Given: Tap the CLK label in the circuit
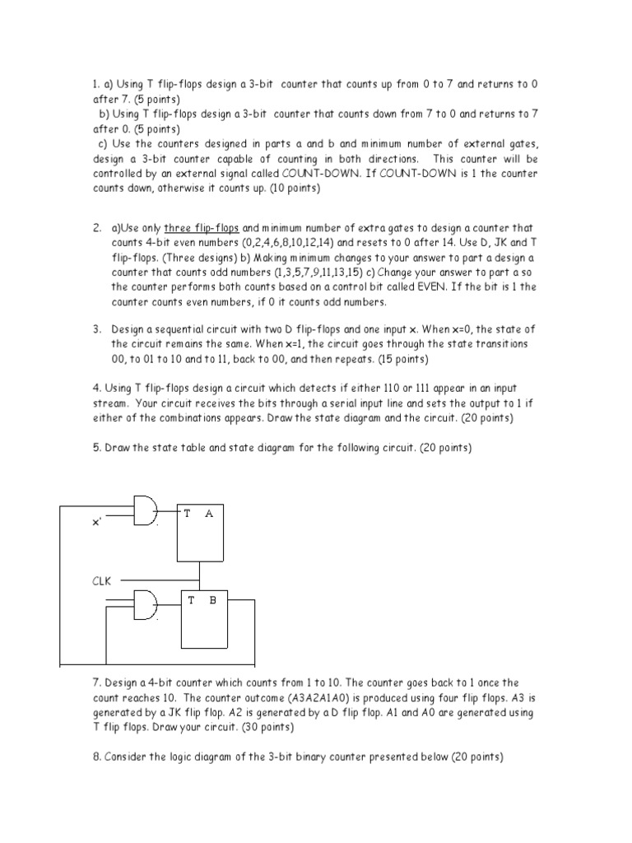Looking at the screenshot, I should (x=100, y=580).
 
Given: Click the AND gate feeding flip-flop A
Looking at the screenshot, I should (x=146, y=513).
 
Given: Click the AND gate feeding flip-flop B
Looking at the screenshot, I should (x=146, y=605).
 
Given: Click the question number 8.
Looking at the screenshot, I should (x=96, y=757).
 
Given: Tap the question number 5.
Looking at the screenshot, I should (x=96, y=448).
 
